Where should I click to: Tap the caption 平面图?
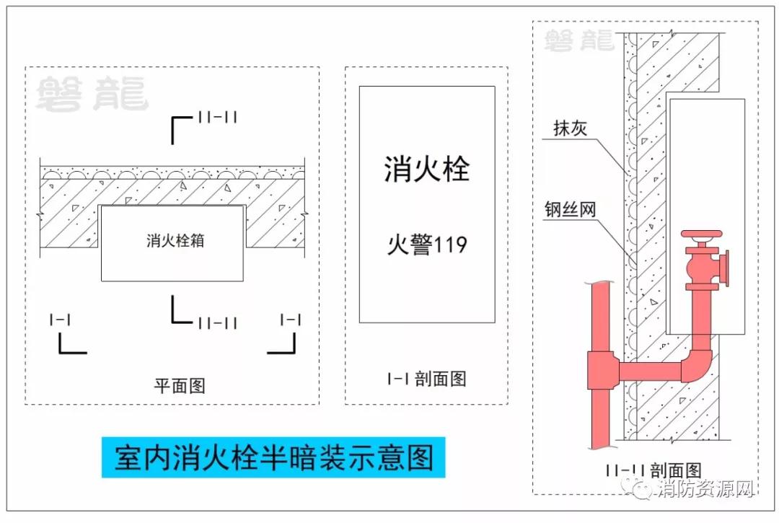(180, 385)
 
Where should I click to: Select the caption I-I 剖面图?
(426, 378)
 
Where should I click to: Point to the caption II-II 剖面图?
(654, 471)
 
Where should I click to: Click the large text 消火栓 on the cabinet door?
(426, 170)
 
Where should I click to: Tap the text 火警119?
(427, 244)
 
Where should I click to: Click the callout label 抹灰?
(571, 128)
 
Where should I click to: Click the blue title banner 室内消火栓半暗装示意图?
(273, 457)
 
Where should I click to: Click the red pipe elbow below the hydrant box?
(697, 364)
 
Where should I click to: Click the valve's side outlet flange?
(723, 269)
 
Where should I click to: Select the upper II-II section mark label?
(217, 117)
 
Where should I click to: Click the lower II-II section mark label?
(217, 323)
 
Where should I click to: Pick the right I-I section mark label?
(290, 320)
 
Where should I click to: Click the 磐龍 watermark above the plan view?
(91, 95)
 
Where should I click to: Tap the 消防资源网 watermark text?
(705, 491)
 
